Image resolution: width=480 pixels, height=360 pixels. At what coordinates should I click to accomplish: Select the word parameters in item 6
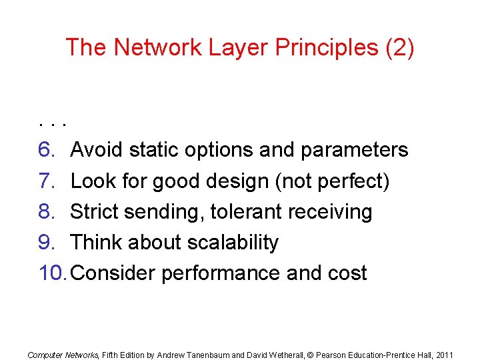354,150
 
